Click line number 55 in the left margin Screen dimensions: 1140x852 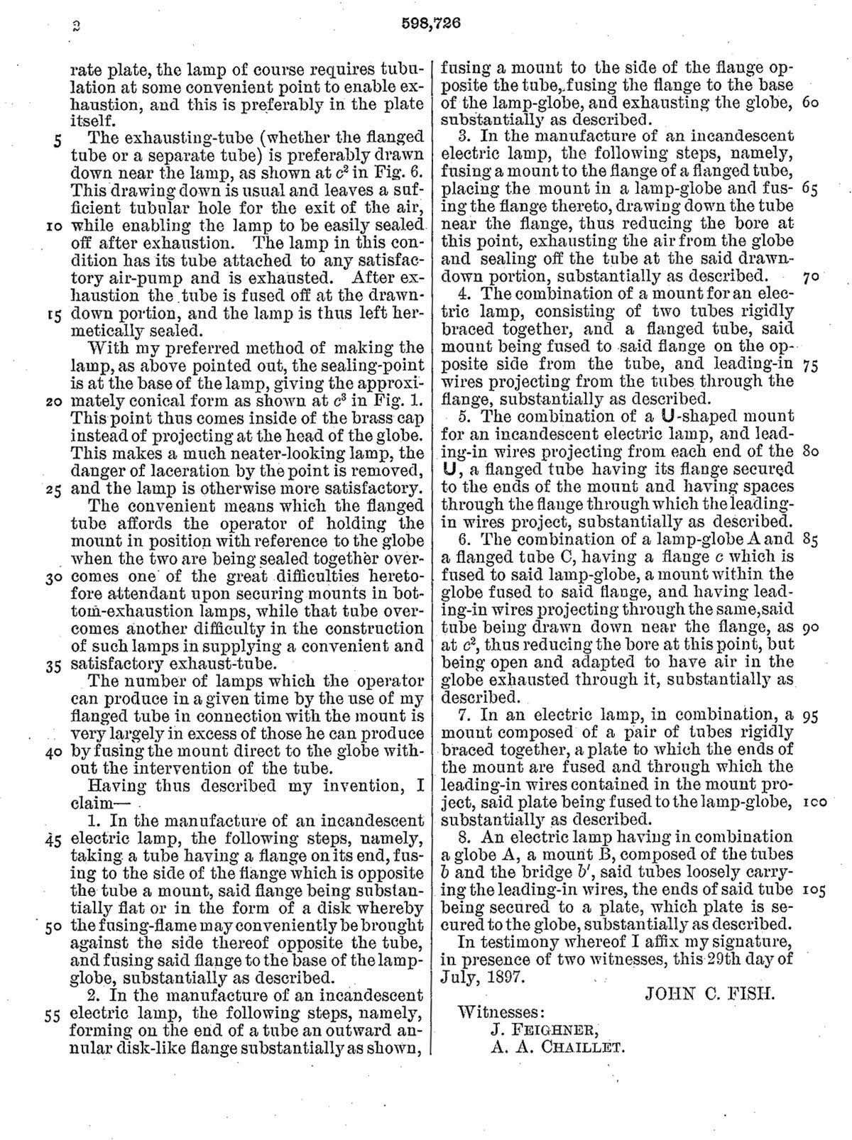tap(53, 1016)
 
